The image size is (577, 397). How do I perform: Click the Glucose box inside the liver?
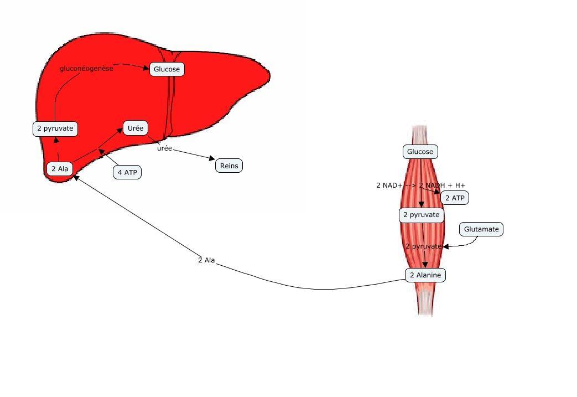click(x=167, y=69)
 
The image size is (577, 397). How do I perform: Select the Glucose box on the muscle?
click(x=420, y=151)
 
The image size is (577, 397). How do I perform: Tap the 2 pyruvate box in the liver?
click(x=55, y=129)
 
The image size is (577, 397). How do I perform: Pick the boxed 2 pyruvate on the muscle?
click(x=422, y=214)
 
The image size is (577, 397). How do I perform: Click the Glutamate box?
click(x=481, y=229)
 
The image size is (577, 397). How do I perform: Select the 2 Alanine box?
click(x=425, y=275)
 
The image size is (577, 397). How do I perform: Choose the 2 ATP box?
click(x=455, y=198)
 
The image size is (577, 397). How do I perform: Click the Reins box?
click(x=229, y=165)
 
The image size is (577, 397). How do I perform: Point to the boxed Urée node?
click(x=136, y=128)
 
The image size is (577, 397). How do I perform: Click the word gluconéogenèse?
click(x=86, y=69)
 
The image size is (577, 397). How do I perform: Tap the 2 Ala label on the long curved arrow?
click(x=206, y=260)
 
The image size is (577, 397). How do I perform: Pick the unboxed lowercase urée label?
click(x=164, y=149)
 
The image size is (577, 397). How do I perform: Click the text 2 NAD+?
click(x=389, y=185)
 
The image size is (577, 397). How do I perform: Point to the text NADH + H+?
click(x=447, y=185)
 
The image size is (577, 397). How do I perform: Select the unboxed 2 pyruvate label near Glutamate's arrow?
click(x=423, y=246)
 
